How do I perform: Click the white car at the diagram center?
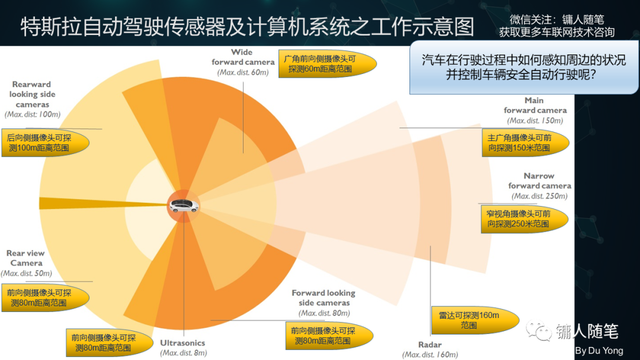(x=183, y=207)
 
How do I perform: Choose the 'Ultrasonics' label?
(x=183, y=343)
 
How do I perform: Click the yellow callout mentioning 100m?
(x=44, y=141)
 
